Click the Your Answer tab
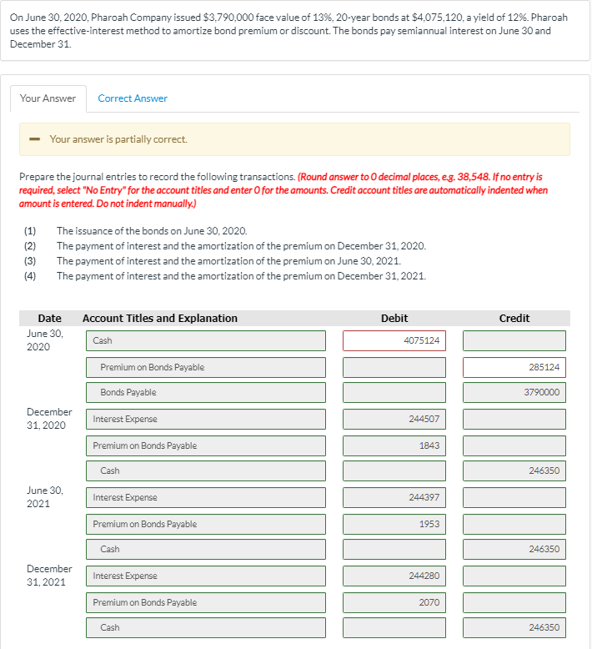tap(48, 98)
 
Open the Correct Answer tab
tap(133, 98)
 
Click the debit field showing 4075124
tap(394, 340)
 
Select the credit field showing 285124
tap(514, 367)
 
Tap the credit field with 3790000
tap(514, 392)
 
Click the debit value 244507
tap(394, 419)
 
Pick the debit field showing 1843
tap(394, 445)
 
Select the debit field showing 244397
tap(394, 497)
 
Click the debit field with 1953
tap(394, 524)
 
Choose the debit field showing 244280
tap(394, 576)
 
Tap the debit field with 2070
tap(394, 602)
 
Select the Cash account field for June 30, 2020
tap(205, 340)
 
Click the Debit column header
tap(394, 318)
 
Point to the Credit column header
tap(514, 318)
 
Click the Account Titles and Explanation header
tap(160, 318)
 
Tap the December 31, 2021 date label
tap(49, 575)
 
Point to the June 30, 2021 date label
tap(45, 496)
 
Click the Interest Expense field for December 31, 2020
tap(205, 419)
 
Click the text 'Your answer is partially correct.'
tap(118, 139)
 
